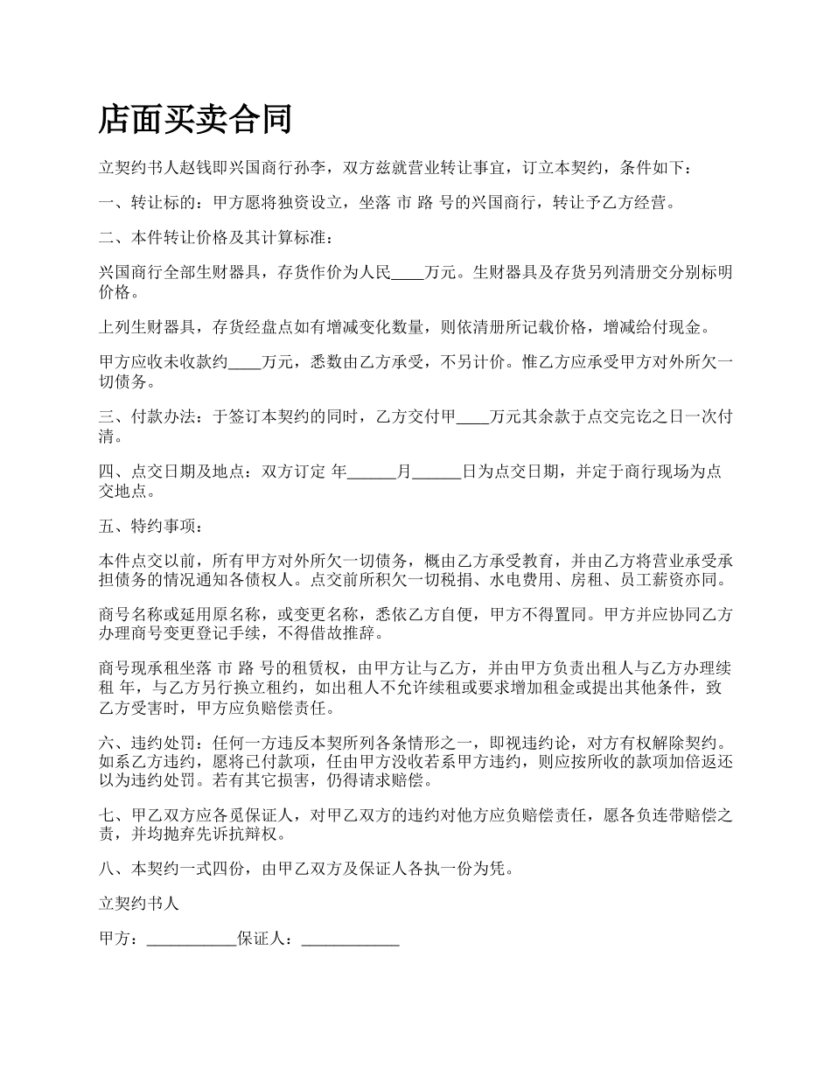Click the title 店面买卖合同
(195, 119)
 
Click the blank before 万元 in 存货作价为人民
(407, 272)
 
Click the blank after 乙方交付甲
(473, 417)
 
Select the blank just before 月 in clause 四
(373, 472)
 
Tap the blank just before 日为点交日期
(436, 472)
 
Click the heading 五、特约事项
(150, 528)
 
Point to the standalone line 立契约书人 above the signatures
(139, 904)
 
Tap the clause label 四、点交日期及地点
(175, 472)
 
